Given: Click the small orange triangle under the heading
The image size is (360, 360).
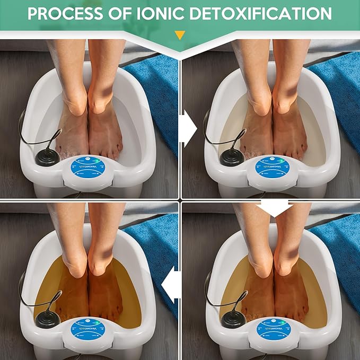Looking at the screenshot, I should click(180, 35).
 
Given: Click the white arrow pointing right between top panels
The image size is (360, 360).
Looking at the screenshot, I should click(187, 128).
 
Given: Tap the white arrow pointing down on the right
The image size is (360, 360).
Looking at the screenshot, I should click(274, 207).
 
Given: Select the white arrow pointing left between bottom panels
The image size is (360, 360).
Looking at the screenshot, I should click(170, 287).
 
